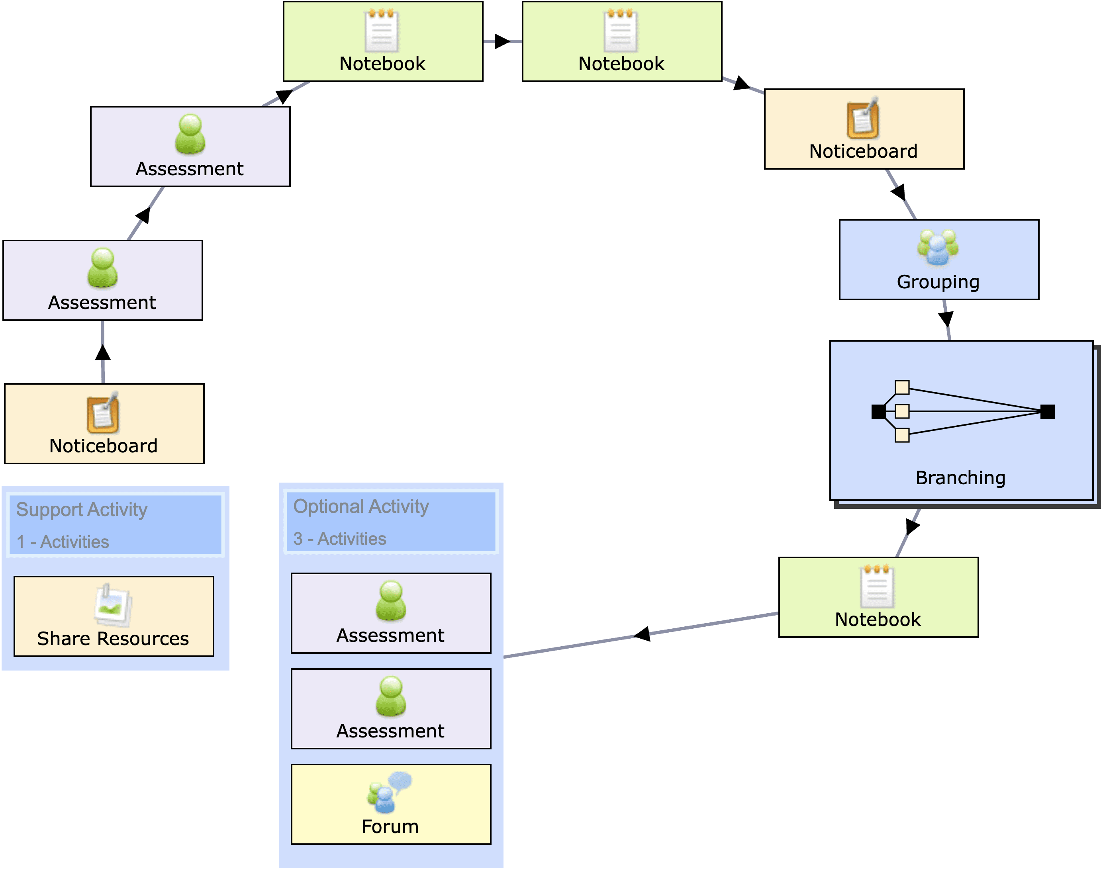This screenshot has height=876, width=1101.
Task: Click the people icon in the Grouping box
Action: pos(938,248)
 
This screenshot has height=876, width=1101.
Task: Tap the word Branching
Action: pos(960,478)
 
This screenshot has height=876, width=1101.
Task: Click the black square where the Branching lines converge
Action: pos(1047,411)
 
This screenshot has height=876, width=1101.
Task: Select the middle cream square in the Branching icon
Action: pos(902,411)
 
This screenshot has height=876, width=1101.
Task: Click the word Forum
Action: pos(390,827)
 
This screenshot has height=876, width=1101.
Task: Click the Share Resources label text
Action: pos(113,639)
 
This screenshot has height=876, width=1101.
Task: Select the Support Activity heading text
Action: pos(82,509)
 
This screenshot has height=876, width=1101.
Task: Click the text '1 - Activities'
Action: pos(63,542)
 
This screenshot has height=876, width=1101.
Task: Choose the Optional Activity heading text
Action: pos(361,506)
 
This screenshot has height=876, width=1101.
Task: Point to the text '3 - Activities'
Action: pos(340,539)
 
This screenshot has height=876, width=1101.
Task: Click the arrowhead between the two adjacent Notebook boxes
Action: pos(502,41)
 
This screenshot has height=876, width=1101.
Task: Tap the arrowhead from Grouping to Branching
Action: pos(946,319)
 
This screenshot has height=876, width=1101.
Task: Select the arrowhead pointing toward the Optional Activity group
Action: pos(643,634)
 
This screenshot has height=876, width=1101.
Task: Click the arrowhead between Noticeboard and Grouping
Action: pos(899,192)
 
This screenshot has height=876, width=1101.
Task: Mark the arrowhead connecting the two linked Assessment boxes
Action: pos(143,215)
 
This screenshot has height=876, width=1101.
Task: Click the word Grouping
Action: pos(938,282)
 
